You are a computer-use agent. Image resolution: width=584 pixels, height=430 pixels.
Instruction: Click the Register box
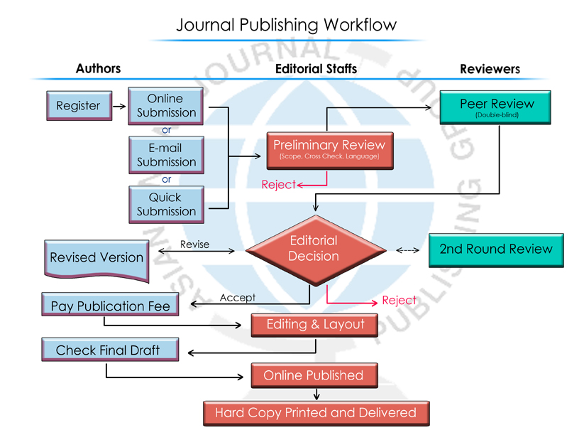pyautogui.click(x=78, y=105)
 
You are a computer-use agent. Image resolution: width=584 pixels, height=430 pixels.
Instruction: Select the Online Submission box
pyautogui.click(x=166, y=105)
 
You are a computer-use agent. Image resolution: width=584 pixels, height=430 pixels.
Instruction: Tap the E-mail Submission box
pyautogui.click(x=166, y=155)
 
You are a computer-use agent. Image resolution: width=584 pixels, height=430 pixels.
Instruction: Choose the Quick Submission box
pyautogui.click(x=166, y=204)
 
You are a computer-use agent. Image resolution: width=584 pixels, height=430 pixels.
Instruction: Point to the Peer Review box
pyautogui.click(x=496, y=107)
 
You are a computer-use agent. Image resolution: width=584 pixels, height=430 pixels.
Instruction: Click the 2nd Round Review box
pyautogui.click(x=496, y=249)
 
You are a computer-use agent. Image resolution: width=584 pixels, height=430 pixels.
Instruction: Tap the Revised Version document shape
pyautogui.click(x=97, y=257)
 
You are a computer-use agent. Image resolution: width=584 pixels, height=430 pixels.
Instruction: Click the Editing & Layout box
pyautogui.click(x=316, y=325)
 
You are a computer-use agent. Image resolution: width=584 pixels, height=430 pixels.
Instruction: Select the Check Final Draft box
pyautogui.click(x=109, y=350)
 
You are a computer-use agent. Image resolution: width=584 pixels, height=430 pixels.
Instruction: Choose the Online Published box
pyautogui.click(x=314, y=375)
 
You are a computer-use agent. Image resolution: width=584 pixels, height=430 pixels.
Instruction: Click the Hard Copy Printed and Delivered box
pyautogui.click(x=316, y=412)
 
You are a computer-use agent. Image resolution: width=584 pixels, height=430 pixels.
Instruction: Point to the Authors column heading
pyautogui.click(x=98, y=68)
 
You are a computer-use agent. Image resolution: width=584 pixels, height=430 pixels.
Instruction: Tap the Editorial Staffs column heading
pyautogui.click(x=316, y=68)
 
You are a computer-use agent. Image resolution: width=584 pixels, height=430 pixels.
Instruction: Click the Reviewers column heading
pyautogui.click(x=490, y=69)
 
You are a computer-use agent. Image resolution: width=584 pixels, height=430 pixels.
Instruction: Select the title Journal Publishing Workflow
pyautogui.click(x=286, y=25)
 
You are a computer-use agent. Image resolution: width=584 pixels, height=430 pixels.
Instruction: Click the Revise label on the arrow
pyautogui.click(x=194, y=244)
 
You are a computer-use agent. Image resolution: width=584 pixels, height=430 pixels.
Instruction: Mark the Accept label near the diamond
pyautogui.click(x=238, y=297)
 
